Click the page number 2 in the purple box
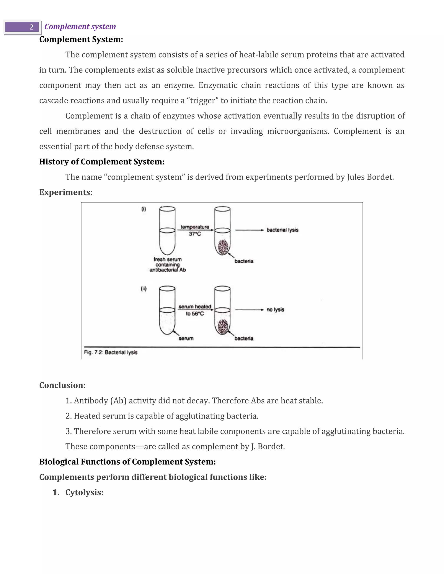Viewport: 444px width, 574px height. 31,27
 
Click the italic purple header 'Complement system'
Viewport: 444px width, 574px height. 80,27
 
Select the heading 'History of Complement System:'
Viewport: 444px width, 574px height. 102,162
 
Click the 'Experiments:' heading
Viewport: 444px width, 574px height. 66,192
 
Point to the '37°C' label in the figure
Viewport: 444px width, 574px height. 195,234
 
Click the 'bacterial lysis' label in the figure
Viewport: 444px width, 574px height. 282,230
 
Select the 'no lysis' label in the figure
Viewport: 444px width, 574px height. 275,310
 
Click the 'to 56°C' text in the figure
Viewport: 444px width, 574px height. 195,314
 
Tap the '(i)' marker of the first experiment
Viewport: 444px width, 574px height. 144,209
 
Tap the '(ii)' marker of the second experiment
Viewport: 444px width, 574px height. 144,289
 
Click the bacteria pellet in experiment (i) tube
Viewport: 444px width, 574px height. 223,247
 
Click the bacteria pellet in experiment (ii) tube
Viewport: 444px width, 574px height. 223,327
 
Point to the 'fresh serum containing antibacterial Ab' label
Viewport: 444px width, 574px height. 168,265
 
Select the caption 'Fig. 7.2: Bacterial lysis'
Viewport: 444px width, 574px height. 111,352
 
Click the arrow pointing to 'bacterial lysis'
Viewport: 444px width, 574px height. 249,230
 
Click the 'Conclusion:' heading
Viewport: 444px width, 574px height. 62,385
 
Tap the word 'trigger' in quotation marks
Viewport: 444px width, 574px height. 204,101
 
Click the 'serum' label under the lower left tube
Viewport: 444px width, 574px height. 186,339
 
